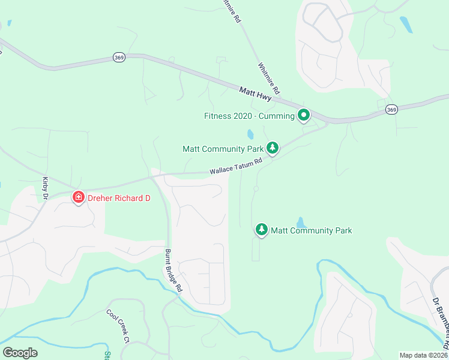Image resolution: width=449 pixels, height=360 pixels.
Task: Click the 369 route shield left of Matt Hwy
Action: pos(118,57)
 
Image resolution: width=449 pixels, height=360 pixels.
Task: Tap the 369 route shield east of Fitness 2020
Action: pos(391,109)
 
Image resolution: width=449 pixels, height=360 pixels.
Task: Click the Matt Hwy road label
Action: pos(256,95)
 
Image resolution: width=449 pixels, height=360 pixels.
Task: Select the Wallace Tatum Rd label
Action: pos(237,166)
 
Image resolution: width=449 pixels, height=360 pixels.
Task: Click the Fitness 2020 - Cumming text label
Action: pos(249,116)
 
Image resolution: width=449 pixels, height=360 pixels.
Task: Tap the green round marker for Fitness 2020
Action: pos(304,115)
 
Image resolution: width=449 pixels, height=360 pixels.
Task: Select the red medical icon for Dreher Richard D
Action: pos(78,197)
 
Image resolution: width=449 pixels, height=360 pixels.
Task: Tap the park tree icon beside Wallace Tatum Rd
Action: pos(273,148)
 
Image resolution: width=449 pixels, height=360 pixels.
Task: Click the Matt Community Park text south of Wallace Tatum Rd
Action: pos(311,230)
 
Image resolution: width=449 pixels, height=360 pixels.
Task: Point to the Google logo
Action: pos(20,352)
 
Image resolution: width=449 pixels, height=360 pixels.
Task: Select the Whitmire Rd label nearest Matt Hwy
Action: pos(269,77)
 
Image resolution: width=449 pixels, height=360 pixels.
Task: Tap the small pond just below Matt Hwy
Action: pos(250,134)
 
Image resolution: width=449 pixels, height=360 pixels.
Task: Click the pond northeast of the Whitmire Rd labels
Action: pos(406,24)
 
